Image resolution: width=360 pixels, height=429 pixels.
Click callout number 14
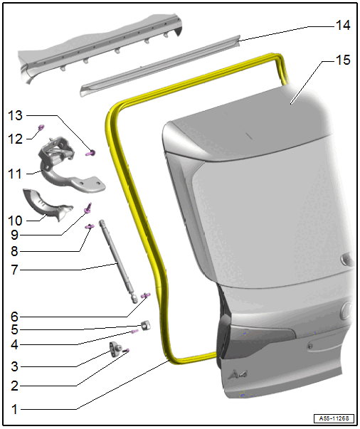pyautogui.click(x=343, y=25)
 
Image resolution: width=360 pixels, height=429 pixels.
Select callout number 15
pyautogui.click(x=343, y=60)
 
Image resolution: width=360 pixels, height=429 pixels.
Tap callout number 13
pyautogui.click(x=15, y=115)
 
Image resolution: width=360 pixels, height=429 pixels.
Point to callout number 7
pyautogui.click(x=14, y=270)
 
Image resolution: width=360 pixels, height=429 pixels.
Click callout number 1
pyautogui.click(x=14, y=409)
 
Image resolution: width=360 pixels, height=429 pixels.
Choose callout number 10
pyautogui.click(x=15, y=221)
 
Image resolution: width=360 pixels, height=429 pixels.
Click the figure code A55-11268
pyautogui.click(x=334, y=418)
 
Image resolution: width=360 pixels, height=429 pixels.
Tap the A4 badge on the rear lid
pyautogui.click(x=238, y=374)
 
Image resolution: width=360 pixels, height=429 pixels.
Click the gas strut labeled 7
pyautogui.click(x=118, y=261)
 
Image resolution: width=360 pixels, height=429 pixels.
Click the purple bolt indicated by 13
pyautogui.click(x=90, y=153)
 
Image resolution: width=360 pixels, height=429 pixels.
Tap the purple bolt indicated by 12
pyautogui.click(x=41, y=127)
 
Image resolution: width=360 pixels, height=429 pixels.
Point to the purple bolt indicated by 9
pyautogui.click(x=88, y=208)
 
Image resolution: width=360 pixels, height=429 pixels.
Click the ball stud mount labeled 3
pyautogui.click(x=116, y=349)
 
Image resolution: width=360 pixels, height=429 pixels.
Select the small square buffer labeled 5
pyautogui.click(x=146, y=325)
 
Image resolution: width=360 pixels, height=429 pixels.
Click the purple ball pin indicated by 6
pyautogui.click(x=146, y=295)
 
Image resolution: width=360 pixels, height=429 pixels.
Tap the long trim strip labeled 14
pyautogui.click(x=160, y=66)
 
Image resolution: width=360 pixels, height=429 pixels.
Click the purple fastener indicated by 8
pyautogui.click(x=90, y=226)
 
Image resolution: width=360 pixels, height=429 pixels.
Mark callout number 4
pyautogui.click(x=14, y=344)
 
